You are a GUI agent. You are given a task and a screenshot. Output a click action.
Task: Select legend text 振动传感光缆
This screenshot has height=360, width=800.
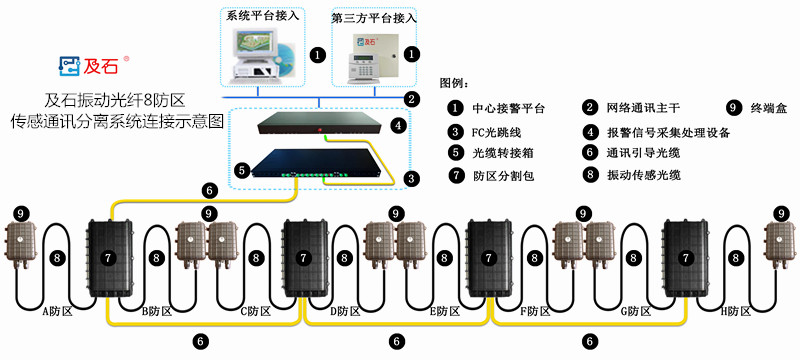tap(644, 175)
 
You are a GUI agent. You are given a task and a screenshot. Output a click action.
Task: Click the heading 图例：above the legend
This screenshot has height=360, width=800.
tap(455, 84)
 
